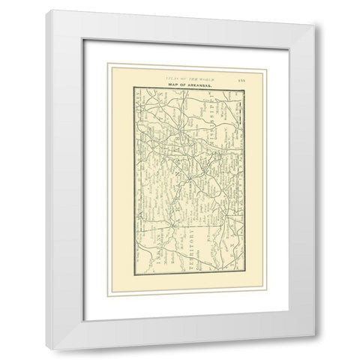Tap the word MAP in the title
172,88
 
